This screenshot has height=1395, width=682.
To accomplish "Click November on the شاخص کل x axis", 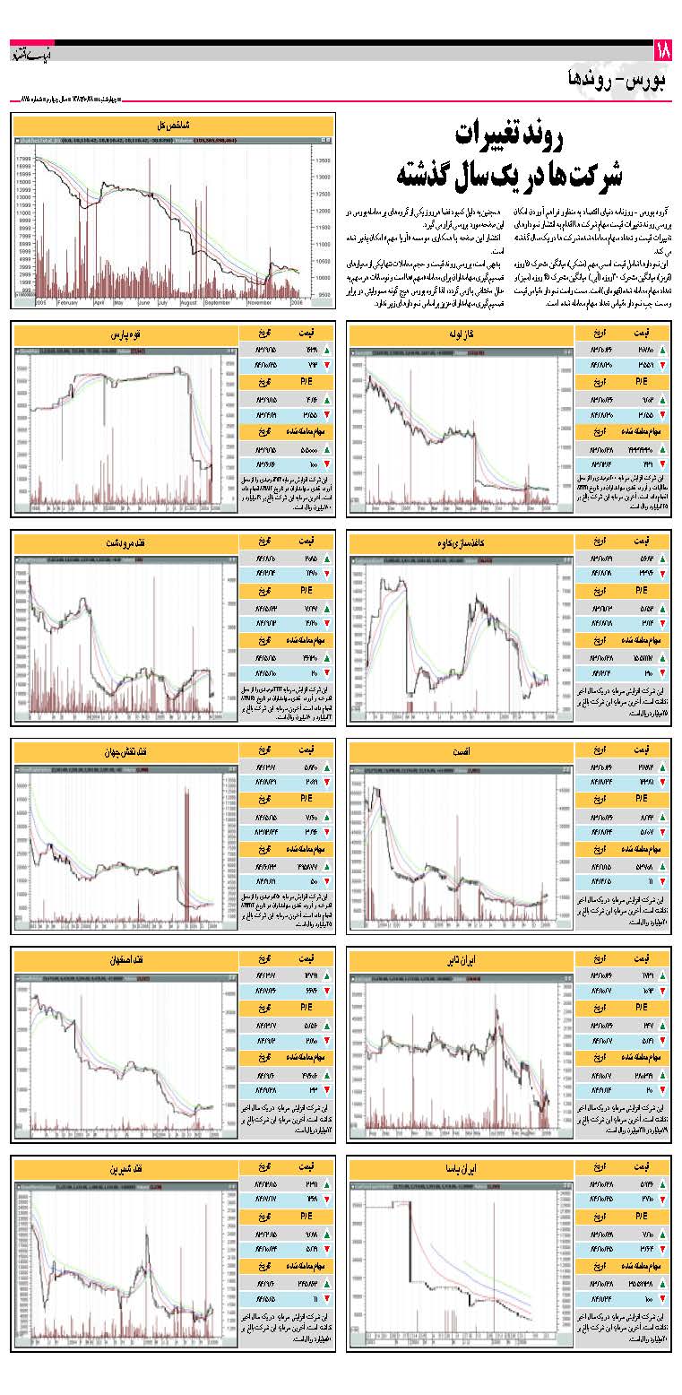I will click(259, 303).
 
